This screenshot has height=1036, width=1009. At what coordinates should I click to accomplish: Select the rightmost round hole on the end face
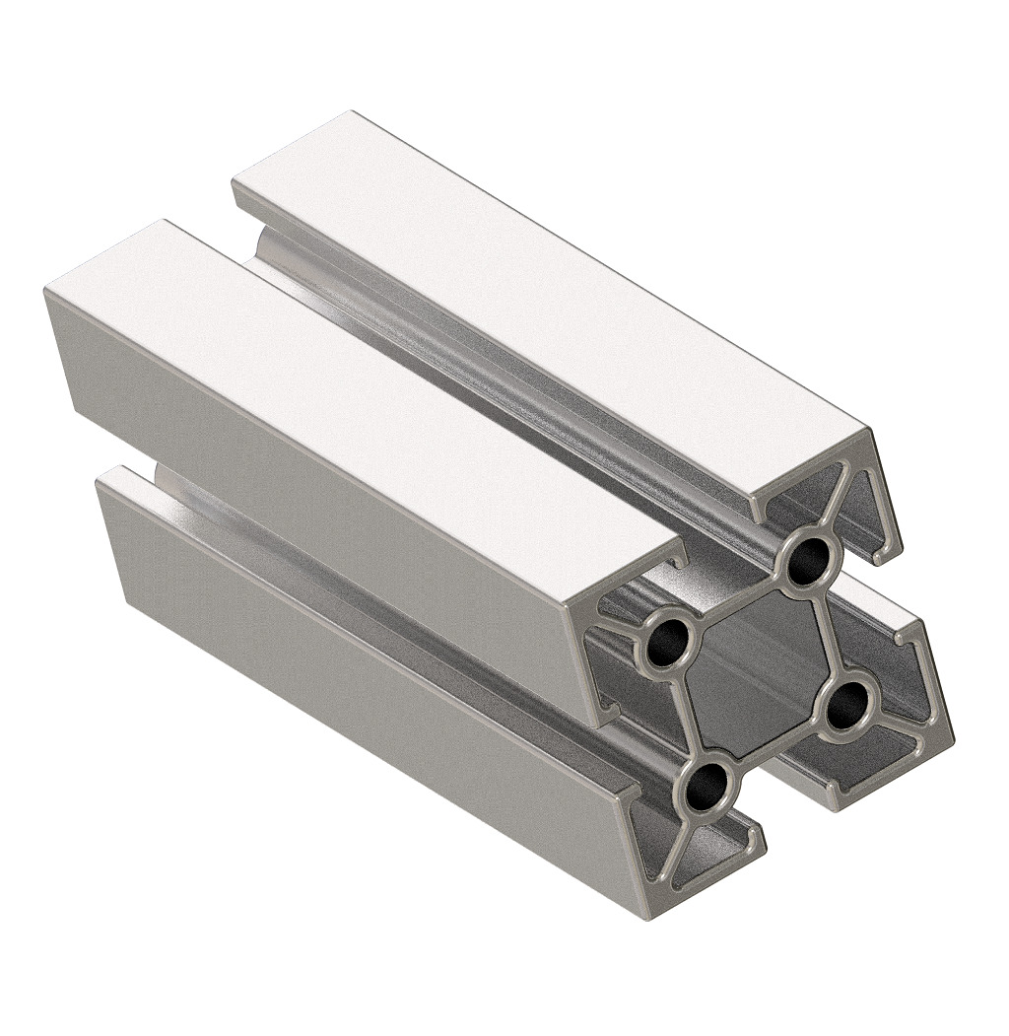pyautogui.click(x=845, y=706)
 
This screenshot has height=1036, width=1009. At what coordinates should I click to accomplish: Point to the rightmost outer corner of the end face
pyautogui.click(x=952, y=735)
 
